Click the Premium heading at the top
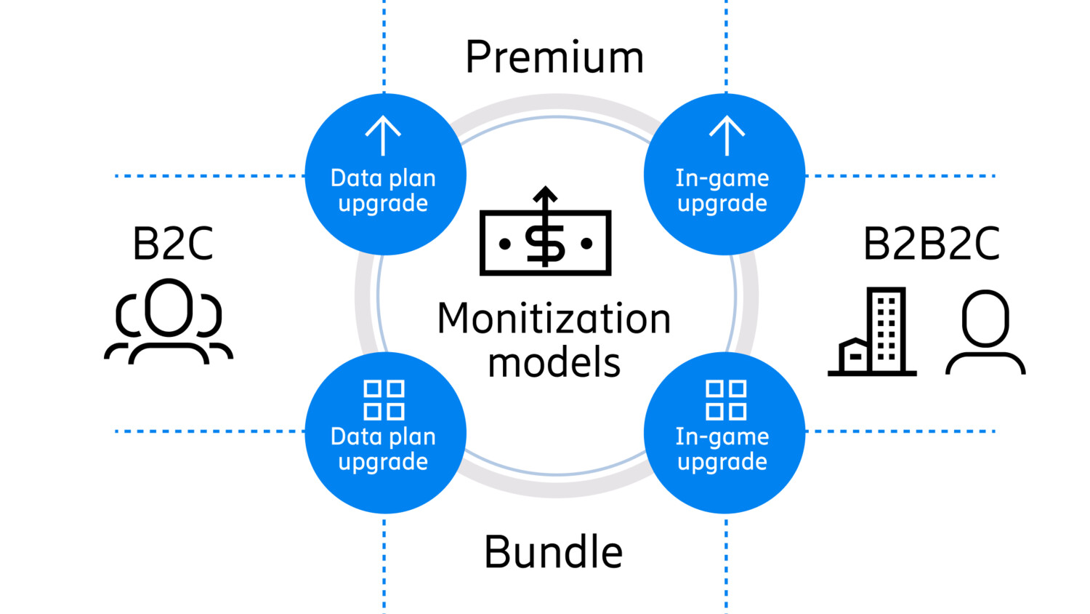[x=554, y=57]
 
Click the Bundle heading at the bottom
[x=554, y=552]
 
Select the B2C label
[x=173, y=244]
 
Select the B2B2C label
[x=931, y=244]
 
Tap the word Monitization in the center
[x=554, y=319]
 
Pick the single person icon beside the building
[x=985, y=332]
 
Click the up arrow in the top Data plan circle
[x=383, y=135]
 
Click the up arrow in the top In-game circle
[x=727, y=135]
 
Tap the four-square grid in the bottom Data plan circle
[x=384, y=399]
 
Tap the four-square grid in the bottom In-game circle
[x=726, y=399]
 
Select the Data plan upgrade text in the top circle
[x=383, y=191]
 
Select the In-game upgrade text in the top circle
[x=722, y=191]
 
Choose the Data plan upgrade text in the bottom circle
[x=383, y=449]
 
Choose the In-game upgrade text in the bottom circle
[x=722, y=449]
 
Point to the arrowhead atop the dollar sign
[x=545, y=194]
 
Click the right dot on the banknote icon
[x=586, y=244]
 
